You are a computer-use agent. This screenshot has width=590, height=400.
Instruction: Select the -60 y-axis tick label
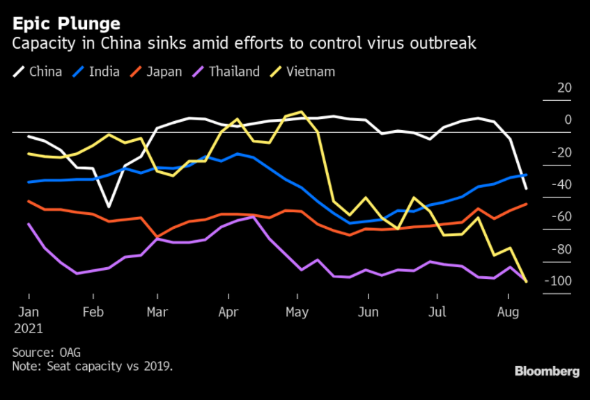[x=559, y=217]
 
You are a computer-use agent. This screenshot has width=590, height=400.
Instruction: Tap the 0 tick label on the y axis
[x=567, y=120]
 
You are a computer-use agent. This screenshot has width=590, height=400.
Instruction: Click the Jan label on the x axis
[x=29, y=312]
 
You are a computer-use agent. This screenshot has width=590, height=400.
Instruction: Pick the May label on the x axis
[x=297, y=312]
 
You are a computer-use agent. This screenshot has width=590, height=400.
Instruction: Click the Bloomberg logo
[x=547, y=371]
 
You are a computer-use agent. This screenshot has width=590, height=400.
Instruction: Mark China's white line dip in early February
[x=109, y=207]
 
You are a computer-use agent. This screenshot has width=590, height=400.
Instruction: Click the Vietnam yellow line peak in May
[x=301, y=111]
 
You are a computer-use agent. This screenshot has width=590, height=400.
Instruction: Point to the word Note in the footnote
[x=25, y=366]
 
